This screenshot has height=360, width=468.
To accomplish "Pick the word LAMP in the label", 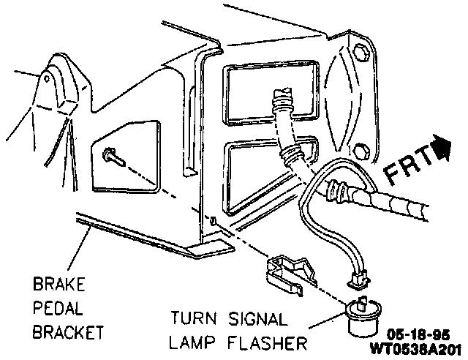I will pos(195,342).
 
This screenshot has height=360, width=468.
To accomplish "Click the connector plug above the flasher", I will pos(358,278).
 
